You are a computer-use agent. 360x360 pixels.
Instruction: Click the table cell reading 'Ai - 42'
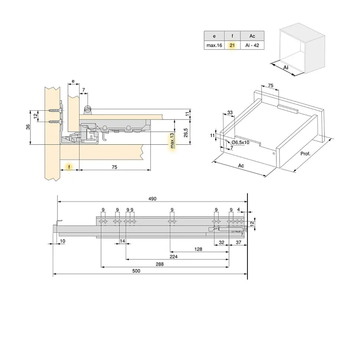tap(252, 45)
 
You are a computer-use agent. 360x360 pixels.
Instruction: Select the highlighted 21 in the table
tap(232, 45)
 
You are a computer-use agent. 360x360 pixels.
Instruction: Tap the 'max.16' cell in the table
tap(214, 45)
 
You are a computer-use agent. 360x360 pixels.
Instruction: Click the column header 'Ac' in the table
tap(252, 36)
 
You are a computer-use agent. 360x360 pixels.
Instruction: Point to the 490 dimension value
tap(152, 198)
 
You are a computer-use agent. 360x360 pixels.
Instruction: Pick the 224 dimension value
tap(173, 257)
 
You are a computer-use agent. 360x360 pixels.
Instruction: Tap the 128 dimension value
tap(198, 249)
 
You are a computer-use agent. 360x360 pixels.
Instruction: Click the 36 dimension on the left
tap(28, 127)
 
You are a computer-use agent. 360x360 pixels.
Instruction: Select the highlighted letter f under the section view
tap(69, 167)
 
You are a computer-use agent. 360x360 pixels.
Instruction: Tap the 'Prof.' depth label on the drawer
tap(305, 153)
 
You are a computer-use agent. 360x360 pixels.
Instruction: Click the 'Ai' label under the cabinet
tap(286, 67)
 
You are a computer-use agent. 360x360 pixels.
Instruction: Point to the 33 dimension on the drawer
tap(230, 113)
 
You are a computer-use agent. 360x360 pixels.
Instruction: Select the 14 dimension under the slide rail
tap(123, 241)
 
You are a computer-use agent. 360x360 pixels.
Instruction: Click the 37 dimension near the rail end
tap(238, 242)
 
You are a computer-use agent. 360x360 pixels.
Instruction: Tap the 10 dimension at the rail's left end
tap(63, 241)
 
